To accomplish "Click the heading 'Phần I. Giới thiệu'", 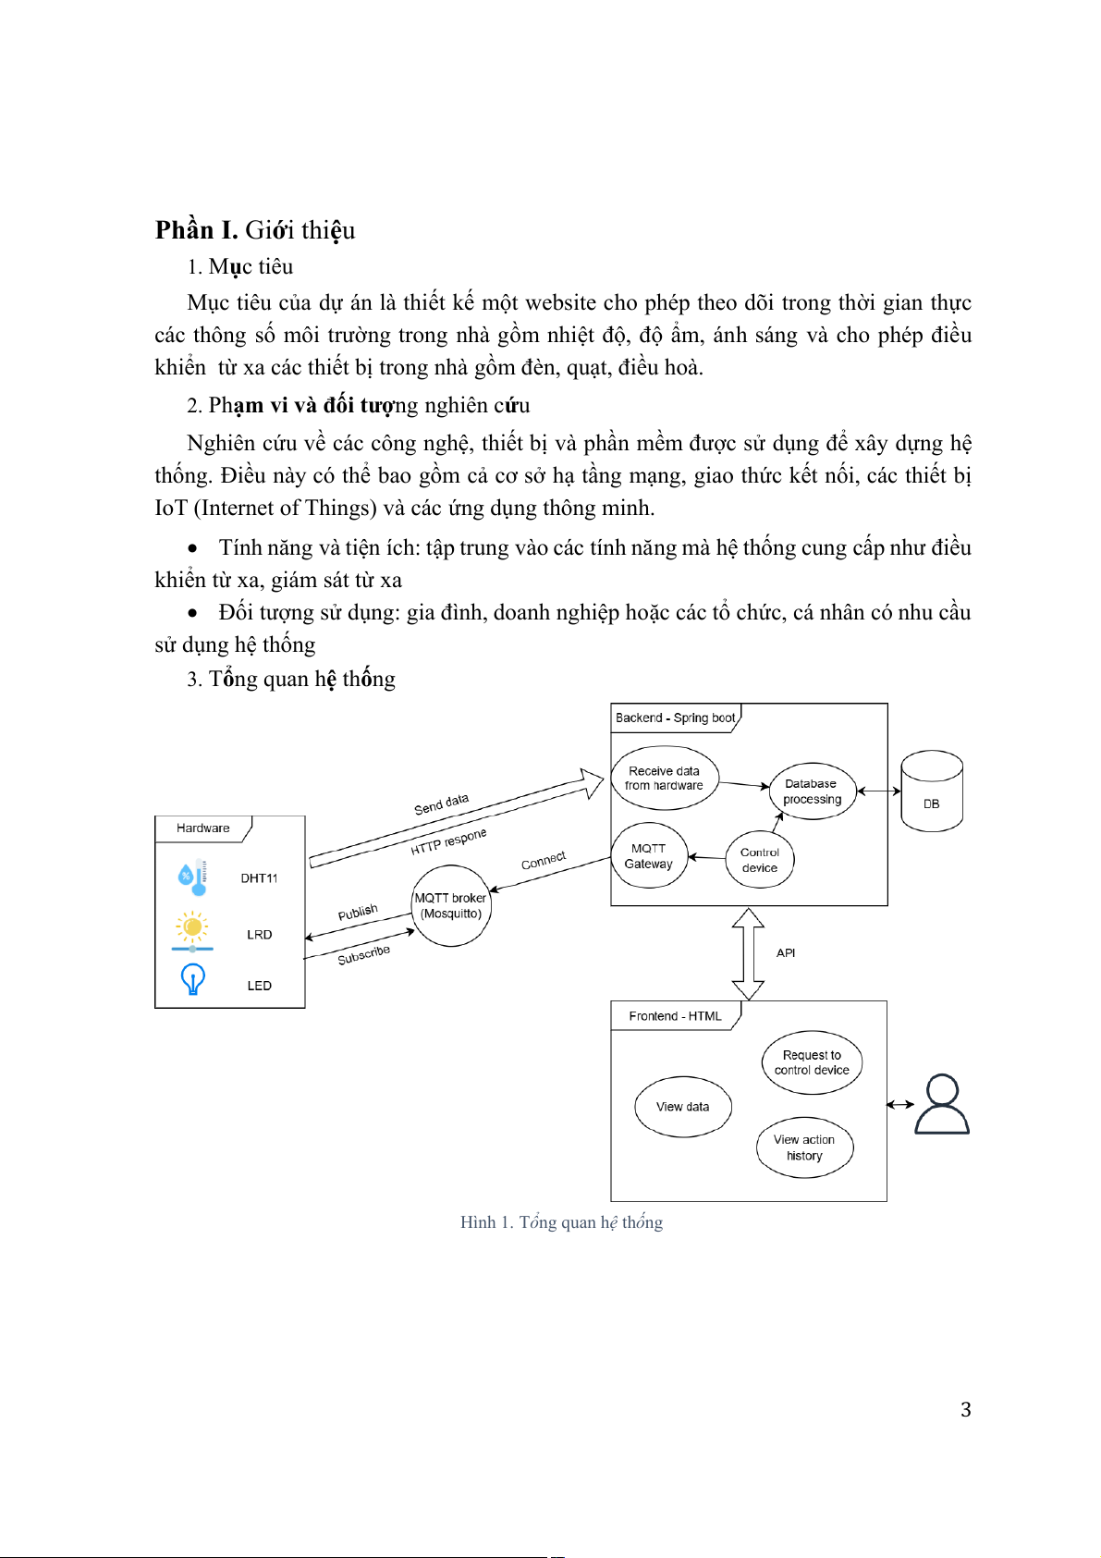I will (x=255, y=230).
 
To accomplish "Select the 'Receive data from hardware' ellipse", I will (x=665, y=779).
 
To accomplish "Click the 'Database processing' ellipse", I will (x=813, y=791).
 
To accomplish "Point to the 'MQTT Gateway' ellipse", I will (x=649, y=856).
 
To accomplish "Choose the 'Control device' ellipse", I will (x=760, y=860).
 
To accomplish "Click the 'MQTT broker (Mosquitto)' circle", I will (x=451, y=906).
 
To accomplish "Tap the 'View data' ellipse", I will (x=683, y=1107).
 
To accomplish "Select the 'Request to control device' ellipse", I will (x=812, y=1062).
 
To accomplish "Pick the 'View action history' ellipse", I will (x=804, y=1147).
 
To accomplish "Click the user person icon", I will (x=942, y=1104).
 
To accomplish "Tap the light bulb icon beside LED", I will (x=192, y=979).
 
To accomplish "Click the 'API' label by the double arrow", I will (x=786, y=953).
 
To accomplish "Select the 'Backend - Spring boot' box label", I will (x=676, y=718).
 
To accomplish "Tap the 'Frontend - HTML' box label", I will (x=675, y=1016).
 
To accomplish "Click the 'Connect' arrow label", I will (x=544, y=861).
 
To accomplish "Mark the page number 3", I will (x=965, y=1410).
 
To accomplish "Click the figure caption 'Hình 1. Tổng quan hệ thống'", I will (x=561, y=1222).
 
